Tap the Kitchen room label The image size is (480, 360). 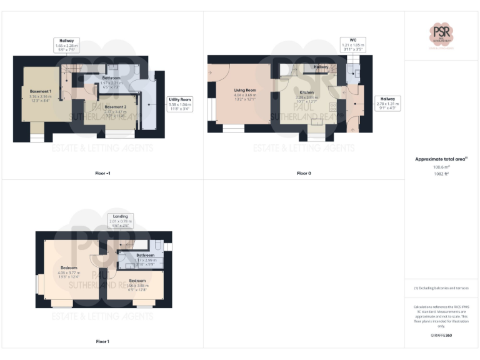(x=306, y=92)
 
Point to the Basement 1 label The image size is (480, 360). (x=41, y=92)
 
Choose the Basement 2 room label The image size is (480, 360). (x=116, y=107)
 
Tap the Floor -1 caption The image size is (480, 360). (x=103, y=173)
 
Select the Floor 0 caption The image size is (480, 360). (x=304, y=173)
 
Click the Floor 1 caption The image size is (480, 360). (x=102, y=341)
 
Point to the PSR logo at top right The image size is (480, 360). (x=442, y=34)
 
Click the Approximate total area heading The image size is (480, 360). (x=441, y=159)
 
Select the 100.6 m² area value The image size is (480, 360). (x=441, y=167)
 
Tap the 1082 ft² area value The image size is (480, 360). (x=441, y=174)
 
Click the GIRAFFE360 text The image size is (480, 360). (x=441, y=336)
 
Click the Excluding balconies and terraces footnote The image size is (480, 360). (x=441, y=288)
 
